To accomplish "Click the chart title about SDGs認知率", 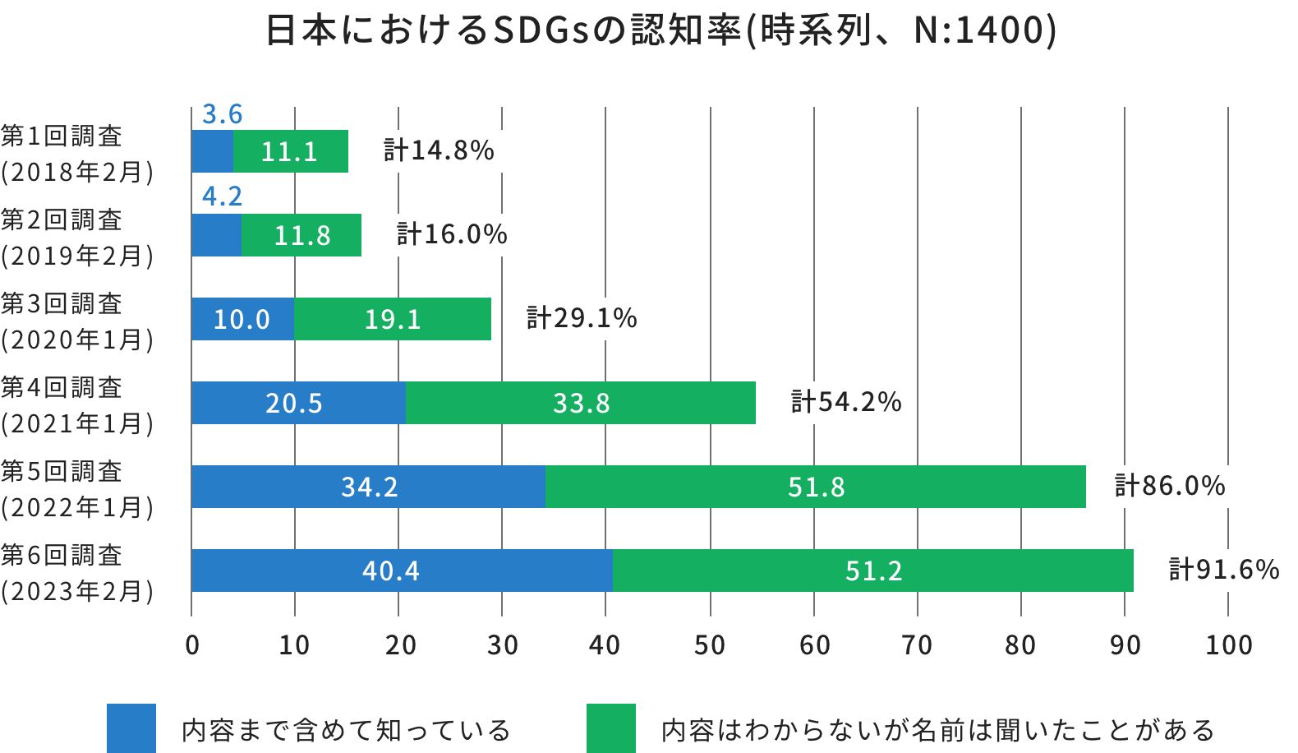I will coord(661,31).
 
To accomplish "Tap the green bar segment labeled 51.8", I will coord(815,487).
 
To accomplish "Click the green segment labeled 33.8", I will coord(580,403).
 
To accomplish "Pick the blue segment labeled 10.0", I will coord(242,319).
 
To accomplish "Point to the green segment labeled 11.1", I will coord(290,151).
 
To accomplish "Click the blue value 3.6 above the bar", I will coord(222,114).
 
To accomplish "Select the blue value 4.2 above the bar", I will coord(222,196).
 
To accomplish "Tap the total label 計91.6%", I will coord(1223,569).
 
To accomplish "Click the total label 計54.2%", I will coord(845,401).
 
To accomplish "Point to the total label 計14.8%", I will coord(439,150).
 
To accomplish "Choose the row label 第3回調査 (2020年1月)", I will coord(76,321).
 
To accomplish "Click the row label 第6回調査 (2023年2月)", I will coord(76,572).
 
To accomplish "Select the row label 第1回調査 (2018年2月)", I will coord(76,153).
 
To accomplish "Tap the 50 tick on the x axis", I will coord(709,645).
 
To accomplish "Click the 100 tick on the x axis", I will coord(1228,645).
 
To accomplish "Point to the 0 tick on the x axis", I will coord(191,645).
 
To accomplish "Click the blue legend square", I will coord(131,728).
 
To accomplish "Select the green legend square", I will coord(610,728).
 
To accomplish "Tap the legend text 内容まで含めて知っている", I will coord(346,730).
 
